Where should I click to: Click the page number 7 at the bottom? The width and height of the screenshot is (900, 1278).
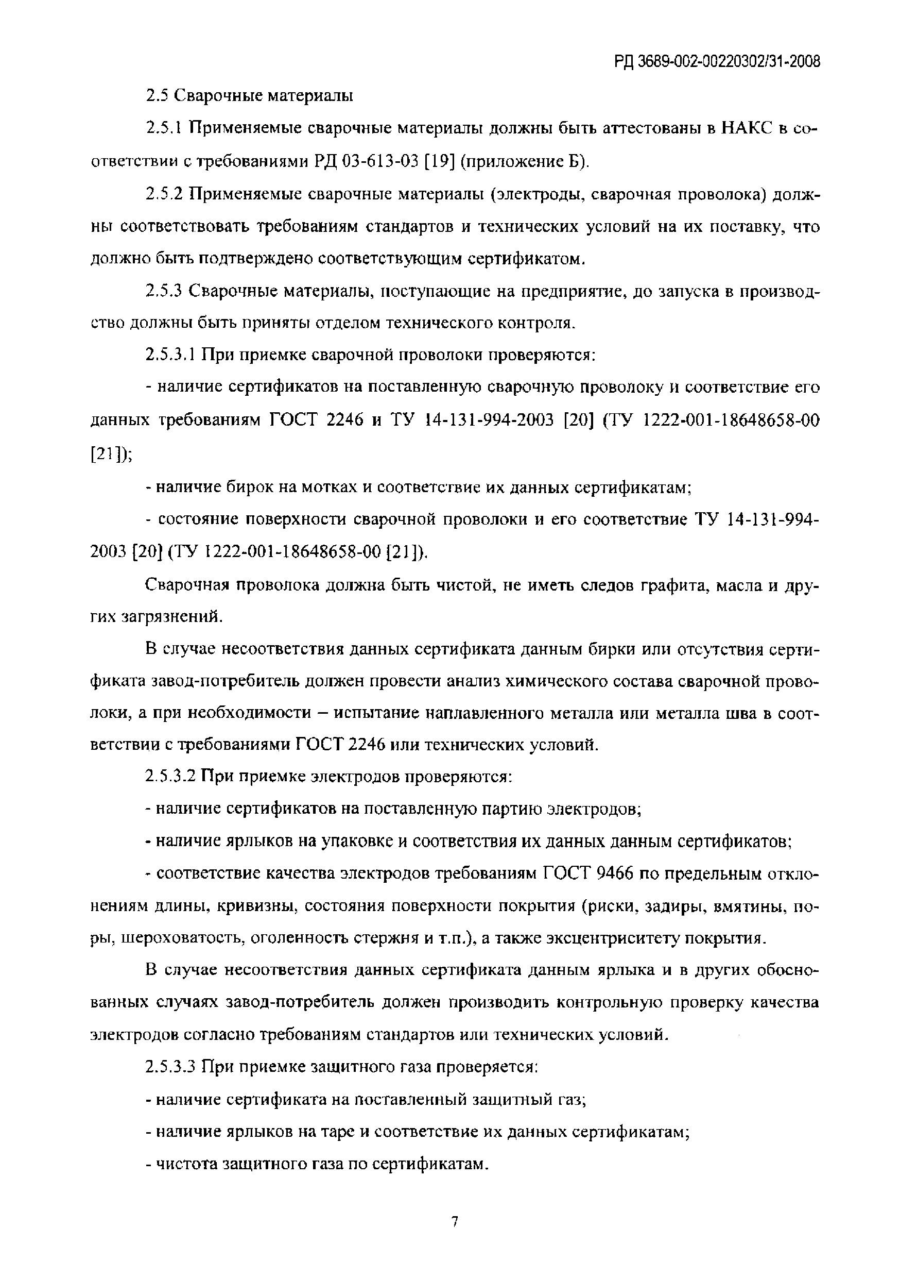point(455,1222)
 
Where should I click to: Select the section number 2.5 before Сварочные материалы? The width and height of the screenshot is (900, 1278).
point(157,96)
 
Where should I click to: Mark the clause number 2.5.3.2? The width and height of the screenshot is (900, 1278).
point(170,776)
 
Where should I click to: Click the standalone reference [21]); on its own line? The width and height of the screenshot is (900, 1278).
point(111,453)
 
